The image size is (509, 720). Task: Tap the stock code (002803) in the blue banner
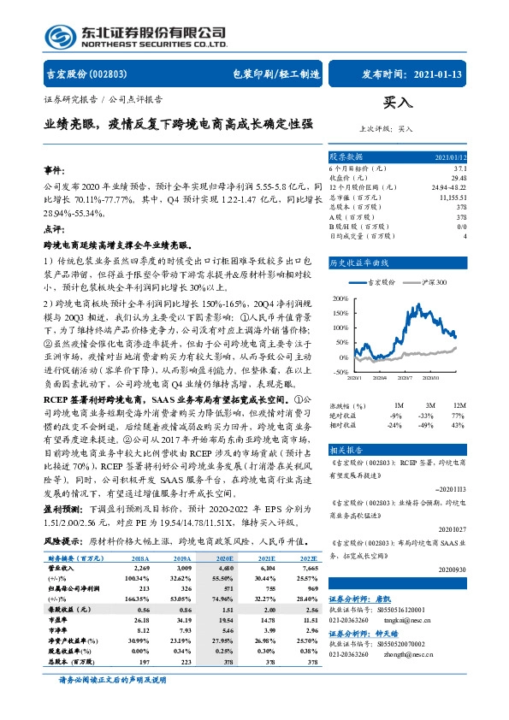(109, 74)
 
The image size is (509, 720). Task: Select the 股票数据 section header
(347, 157)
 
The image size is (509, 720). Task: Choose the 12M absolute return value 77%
(458, 416)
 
